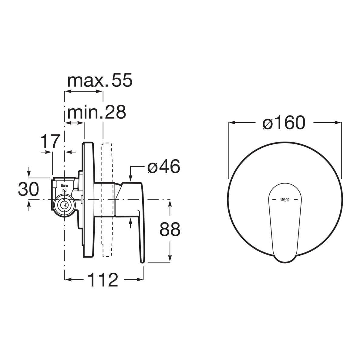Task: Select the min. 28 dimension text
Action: click(96, 113)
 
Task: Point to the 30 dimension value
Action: click(28, 189)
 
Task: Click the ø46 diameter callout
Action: click(163, 167)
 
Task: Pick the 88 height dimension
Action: click(170, 229)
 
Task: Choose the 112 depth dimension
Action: click(103, 280)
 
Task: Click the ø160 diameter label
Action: click(284, 123)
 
